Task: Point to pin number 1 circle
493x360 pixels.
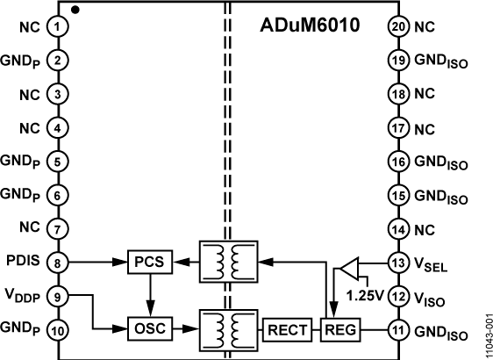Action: pyautogui.click(x=58, y=27)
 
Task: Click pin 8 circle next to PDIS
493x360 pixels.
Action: pyautogui.click(x=58, y=261)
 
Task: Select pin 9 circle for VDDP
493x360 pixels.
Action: pyautogui.click(x=58, y=296)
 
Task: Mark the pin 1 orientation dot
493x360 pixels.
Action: pyautogui.click(x=76, y=11)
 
